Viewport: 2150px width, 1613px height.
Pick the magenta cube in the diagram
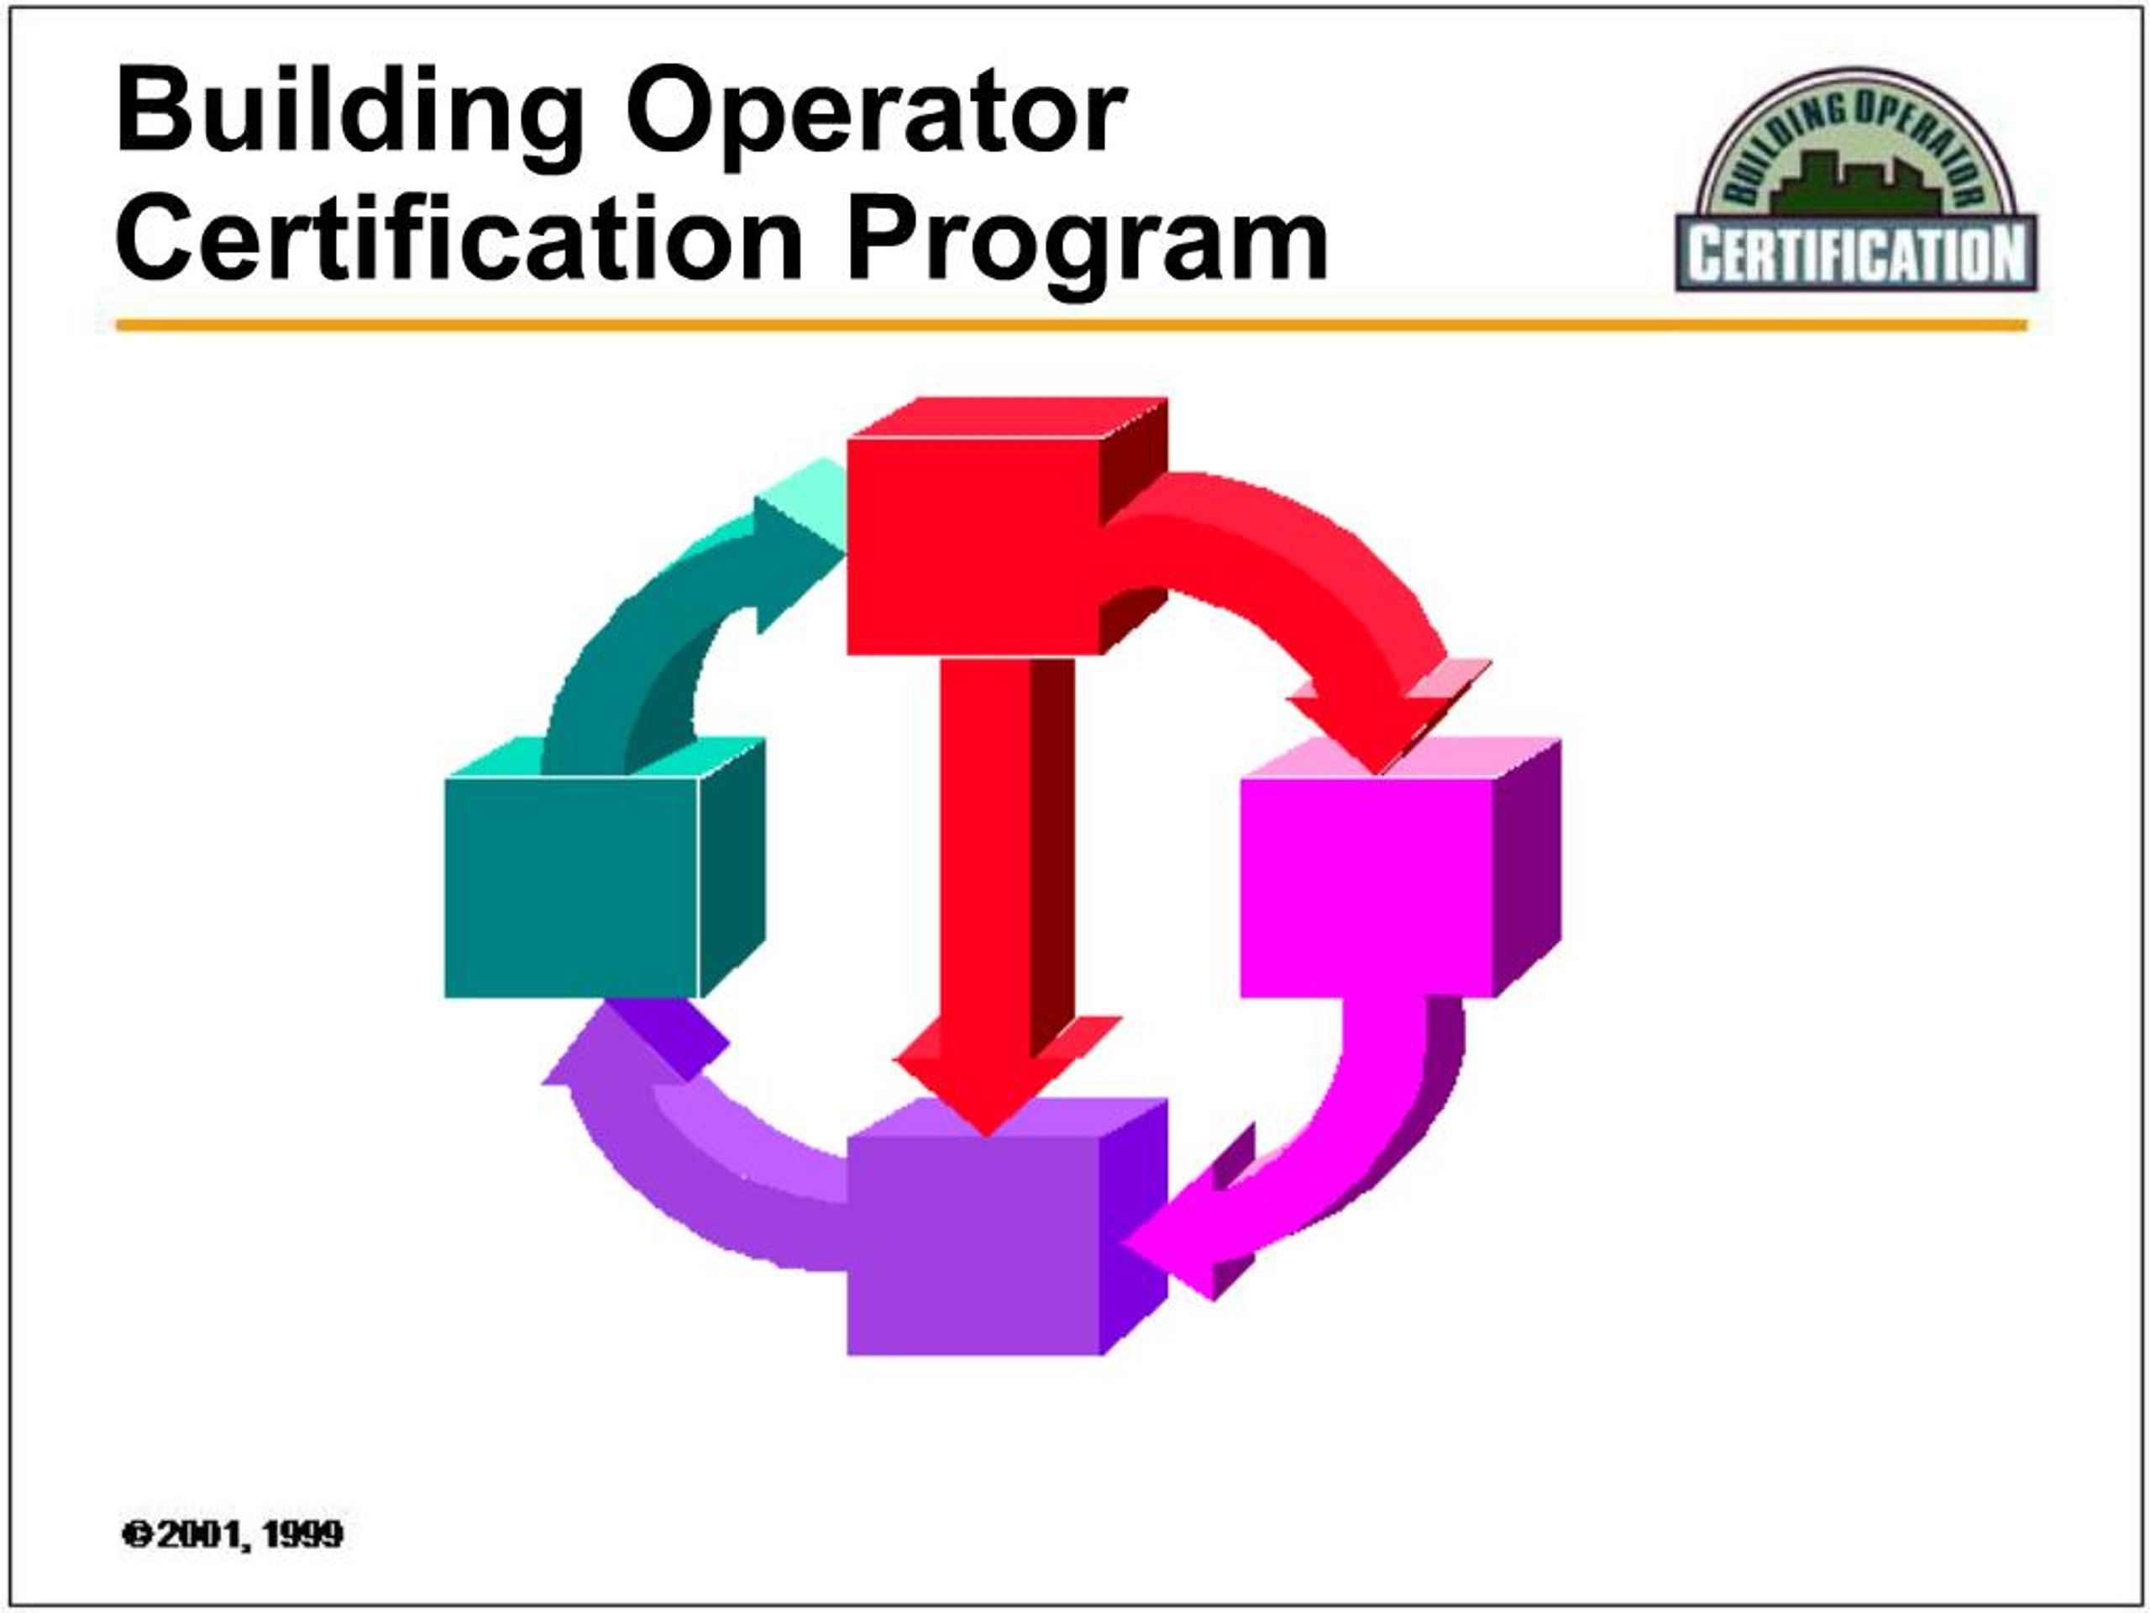pos(1366,885)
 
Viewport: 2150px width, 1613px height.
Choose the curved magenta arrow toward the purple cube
pos(1341,1167)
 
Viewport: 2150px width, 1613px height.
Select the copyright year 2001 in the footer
pos(193,1534)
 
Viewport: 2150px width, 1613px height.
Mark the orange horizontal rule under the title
pos(1069,325)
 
